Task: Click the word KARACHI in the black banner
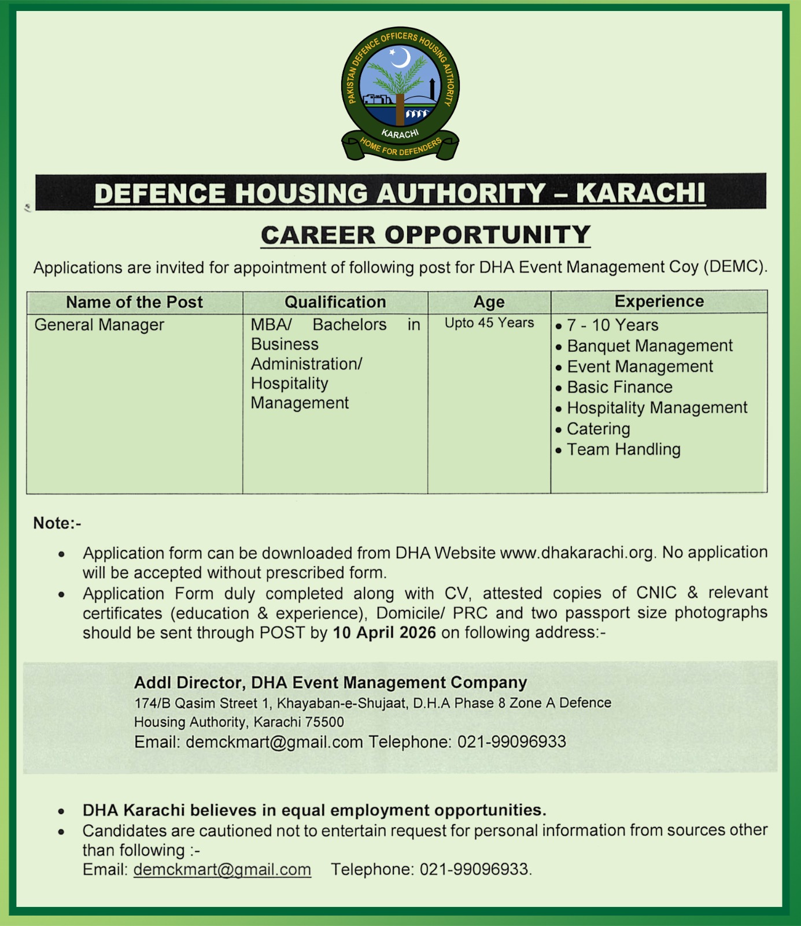pyautogui.click(x=641, y=193)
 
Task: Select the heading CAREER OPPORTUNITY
pyautogui.click(x=426, y=235)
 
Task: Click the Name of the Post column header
pyautogui.click(x=134, y=302)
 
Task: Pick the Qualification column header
pyautogui.click(x=335, y=302)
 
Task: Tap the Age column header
pyautogui.click(x=489, y=302)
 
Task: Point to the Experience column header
pyautogui.click(x=659, y=302)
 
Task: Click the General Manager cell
pyautogui.click(x=99, y=325)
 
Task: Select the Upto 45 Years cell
pyautogui.click(x=489, y=323)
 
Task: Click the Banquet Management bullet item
pyautogui.click(x=649, y=346)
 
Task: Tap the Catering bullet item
pyautogui.click(x=598, y=429)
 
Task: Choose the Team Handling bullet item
pyautogui.click(x=623, y=450)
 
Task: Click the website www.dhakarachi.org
pyautogui.click(x=577, y=553)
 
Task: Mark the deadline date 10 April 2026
pyautogui.click(x=384, y=633)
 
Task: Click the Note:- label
pyautogui.click(x=57, y=523)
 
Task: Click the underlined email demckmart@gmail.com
pyautogui.click(x=222, y=869)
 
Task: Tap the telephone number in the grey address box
pyautogui.click(x=511, y=742)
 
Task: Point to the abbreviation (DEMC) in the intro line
pyautogui.click(x=736, y=267)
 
